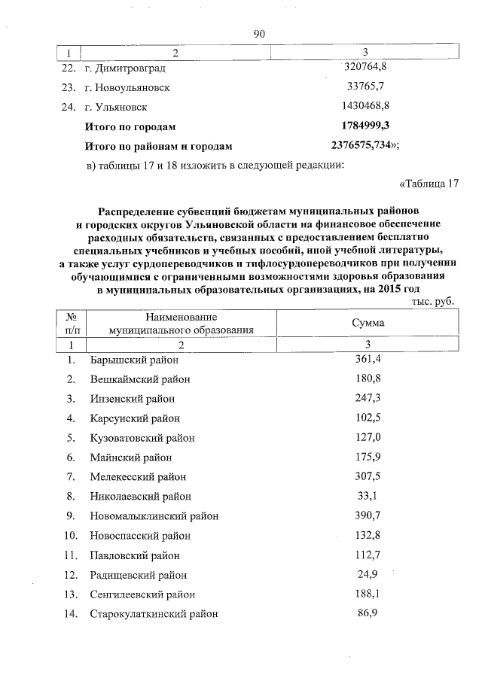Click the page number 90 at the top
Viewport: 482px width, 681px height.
(260, 33)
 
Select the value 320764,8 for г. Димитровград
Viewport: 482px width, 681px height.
(365, 67)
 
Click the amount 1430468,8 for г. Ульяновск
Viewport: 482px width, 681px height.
(365, 106)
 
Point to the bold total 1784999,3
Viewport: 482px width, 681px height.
(365, 126)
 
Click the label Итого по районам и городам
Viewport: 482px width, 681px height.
(159, 146)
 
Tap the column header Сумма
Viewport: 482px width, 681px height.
(368, 322)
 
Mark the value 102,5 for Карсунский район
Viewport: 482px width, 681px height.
(368, 418)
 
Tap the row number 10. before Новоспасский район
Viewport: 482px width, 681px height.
(70, 536)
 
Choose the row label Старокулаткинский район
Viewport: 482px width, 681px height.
(154, 614)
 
